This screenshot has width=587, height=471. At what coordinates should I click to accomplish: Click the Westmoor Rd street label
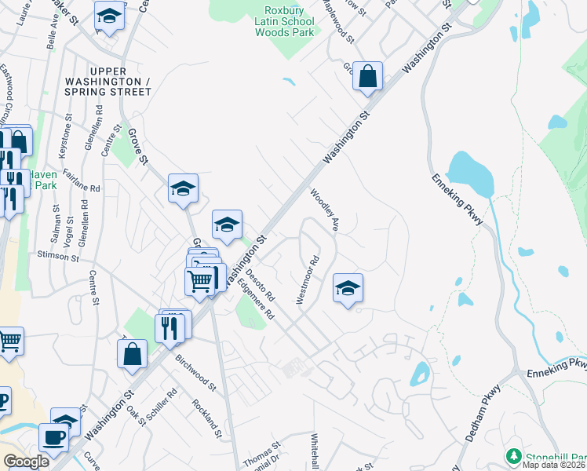click(x=308, y=279)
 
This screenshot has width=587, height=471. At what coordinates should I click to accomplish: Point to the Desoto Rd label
click(x=260, y=287)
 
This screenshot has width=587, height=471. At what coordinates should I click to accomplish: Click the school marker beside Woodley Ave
click(x=348, y=287)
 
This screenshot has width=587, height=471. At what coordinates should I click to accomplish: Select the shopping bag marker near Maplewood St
click(x=367, y=76)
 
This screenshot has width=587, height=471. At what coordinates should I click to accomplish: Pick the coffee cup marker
click(x=53, y=437)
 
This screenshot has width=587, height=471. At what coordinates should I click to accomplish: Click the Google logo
click(x=26, y=462)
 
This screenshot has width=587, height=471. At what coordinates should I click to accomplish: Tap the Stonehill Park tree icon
click(x=515, y=455)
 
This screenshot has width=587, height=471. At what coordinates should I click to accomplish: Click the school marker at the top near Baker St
click(x=109, y=15)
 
